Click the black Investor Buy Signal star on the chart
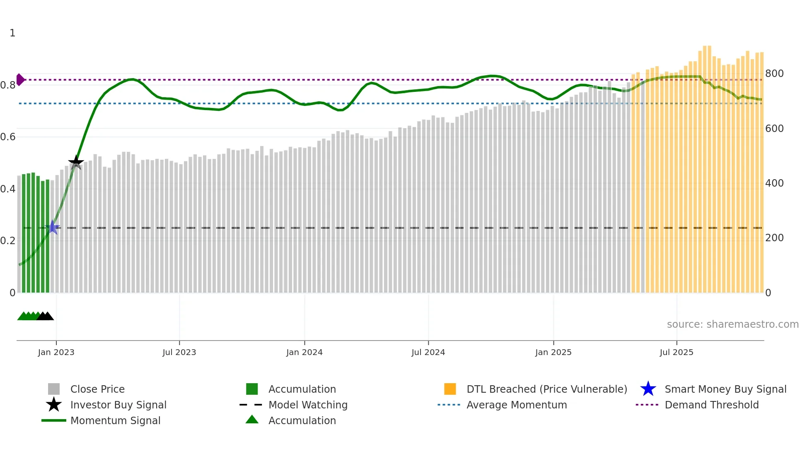tap(76, 163)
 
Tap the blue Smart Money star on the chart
tap(53, 227)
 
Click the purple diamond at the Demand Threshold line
tap(20, 79)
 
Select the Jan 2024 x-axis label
tap(304, 352)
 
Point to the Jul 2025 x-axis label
tap(676, 352)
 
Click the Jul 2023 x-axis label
tap(179, 352)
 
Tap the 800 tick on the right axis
tap(774, 74)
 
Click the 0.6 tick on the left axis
tap(8, 137)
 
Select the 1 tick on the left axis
tap(12, 33)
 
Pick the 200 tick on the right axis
tap(774, 238)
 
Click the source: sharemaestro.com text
tap(732, 324)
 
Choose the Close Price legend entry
tap(97, 389)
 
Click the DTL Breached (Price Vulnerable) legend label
tap(546, 389)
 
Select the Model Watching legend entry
tap(308, 405)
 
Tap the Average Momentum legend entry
tap(517, 405)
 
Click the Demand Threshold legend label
tap(711, 405)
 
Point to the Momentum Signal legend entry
tap(115, 420)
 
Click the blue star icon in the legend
tap(648, 389)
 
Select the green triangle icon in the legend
tap(252, 420)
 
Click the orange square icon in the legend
tap(450, 389)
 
